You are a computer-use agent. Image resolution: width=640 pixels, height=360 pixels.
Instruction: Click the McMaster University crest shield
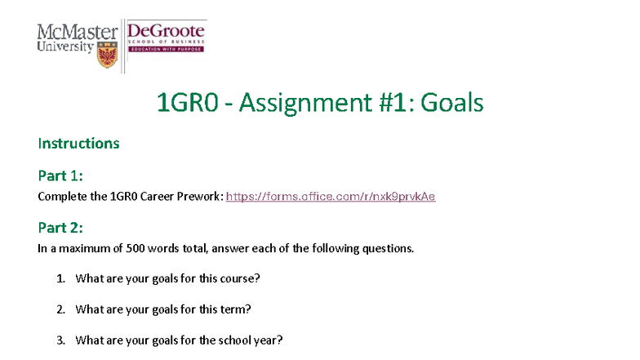coord(107,55)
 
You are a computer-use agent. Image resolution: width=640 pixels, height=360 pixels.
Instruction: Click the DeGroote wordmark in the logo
coord(166,31)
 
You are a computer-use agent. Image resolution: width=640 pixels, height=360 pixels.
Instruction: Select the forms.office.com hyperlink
coord(331,197)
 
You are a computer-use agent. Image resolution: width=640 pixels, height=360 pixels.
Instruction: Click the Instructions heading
coord(78,144)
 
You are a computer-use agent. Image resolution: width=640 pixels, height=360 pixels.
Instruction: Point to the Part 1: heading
coord(60,175)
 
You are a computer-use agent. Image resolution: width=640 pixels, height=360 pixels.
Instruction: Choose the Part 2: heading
coord(60,227)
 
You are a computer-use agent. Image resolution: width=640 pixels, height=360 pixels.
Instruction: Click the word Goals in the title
coord(452,104)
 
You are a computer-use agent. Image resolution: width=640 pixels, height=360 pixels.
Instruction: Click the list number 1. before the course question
coord(61,278)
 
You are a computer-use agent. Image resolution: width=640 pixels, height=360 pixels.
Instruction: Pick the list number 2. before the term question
coord(61,309)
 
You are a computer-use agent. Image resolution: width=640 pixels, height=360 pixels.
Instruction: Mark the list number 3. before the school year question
coord(61,340)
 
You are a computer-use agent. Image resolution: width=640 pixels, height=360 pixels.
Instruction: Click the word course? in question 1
coord(241,278)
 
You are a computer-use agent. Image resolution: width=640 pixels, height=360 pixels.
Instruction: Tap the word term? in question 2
coord(237,309)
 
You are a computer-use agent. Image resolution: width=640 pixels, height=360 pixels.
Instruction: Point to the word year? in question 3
coord(269,340)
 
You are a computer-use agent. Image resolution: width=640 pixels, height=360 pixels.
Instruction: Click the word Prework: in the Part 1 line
coord(201,197)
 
